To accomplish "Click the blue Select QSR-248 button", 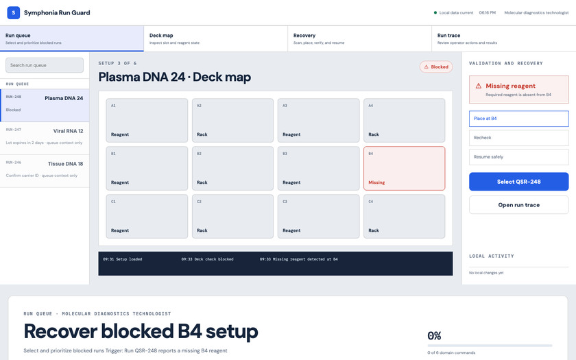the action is tap(518, 182).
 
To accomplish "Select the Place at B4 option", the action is tap(518, 119).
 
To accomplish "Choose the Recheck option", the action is tap(518, 138).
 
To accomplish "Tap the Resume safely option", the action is tap(518, 157).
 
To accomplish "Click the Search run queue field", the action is tap(45, 65).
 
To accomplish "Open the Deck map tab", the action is tap(215, 38).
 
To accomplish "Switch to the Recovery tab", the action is tap(359, 38).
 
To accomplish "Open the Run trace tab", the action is tap(503, 38).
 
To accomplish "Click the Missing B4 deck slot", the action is tap(404, 168).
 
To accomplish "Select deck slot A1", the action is tap(147, 120).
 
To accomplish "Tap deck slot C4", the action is tap(404, 217).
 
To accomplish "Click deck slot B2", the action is tap(232, 168).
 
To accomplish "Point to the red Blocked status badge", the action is tap(436, 67).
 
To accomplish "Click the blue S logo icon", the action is tap(14, 12).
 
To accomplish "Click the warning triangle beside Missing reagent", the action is tap(479, 86).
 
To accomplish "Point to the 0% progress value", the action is tap(434, 336).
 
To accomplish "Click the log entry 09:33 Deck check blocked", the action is tap(207, 259).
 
